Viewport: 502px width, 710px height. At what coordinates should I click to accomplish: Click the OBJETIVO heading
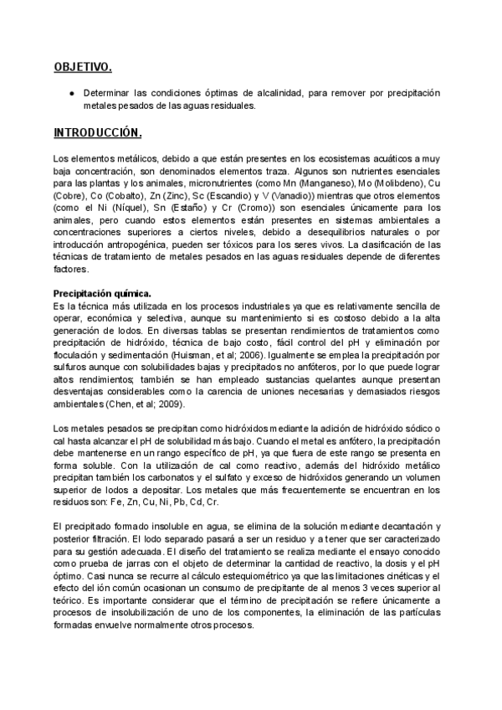pyautogui.click(x=82, y=66)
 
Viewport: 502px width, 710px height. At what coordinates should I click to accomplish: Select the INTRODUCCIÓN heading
pyautogui.click(x=97, y=132)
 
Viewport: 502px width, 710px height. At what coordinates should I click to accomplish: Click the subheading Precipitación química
pyautogui.click(x=102, y=294)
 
